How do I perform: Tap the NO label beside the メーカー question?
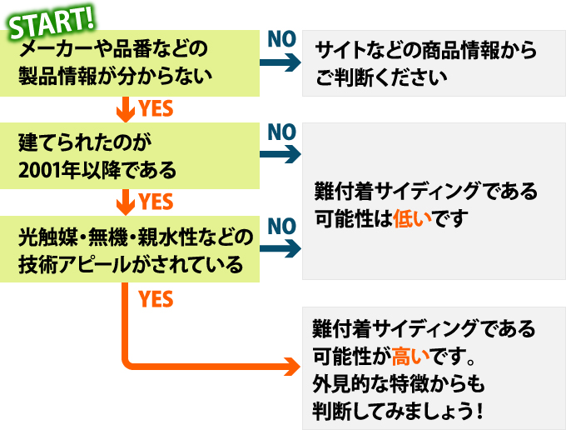(x=281, y=37)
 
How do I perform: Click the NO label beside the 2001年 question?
(x=281, y=132)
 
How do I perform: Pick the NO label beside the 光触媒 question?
(x=281, y=226)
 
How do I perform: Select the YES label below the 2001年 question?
(x=156, y=202)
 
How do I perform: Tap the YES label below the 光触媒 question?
(x=156, y=298)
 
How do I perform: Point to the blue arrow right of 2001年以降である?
(x=281, y=154)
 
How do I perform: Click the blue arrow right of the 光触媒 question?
(x=281, y=248)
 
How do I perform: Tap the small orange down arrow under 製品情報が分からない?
(x=126, y=107)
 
